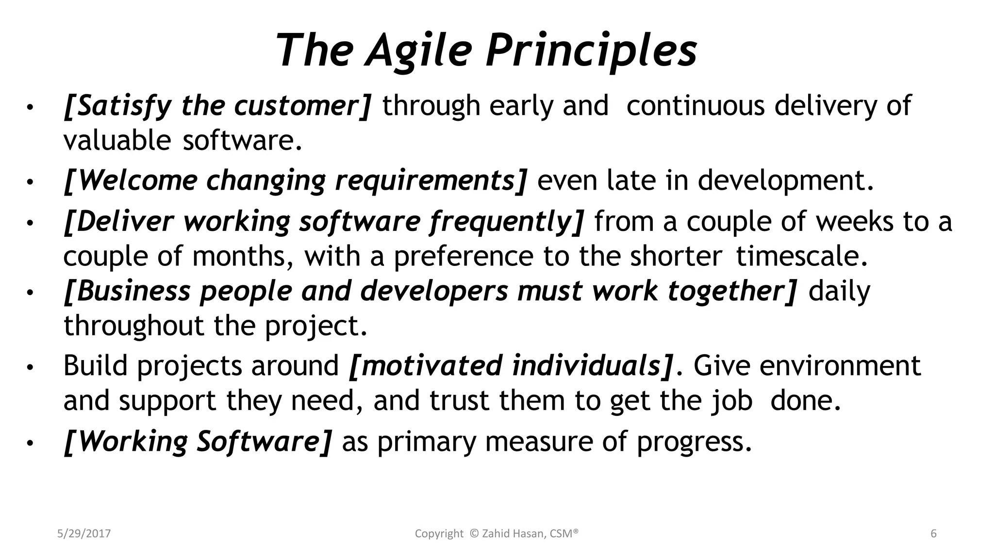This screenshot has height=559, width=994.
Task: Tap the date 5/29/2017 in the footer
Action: click(x=84, y=534)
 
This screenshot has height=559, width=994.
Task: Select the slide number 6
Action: click(x=933, y=534)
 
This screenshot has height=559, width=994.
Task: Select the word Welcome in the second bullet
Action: click(x=131, y=180)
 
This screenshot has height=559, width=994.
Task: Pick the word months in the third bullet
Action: click(x=242, y=256)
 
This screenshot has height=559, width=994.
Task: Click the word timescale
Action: click(x=801, y=256)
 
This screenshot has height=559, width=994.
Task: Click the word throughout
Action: click(x=134, y=326)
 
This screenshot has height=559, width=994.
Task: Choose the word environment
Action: click(x=840, y=366)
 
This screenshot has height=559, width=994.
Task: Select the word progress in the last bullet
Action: click(x=694, y=442)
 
